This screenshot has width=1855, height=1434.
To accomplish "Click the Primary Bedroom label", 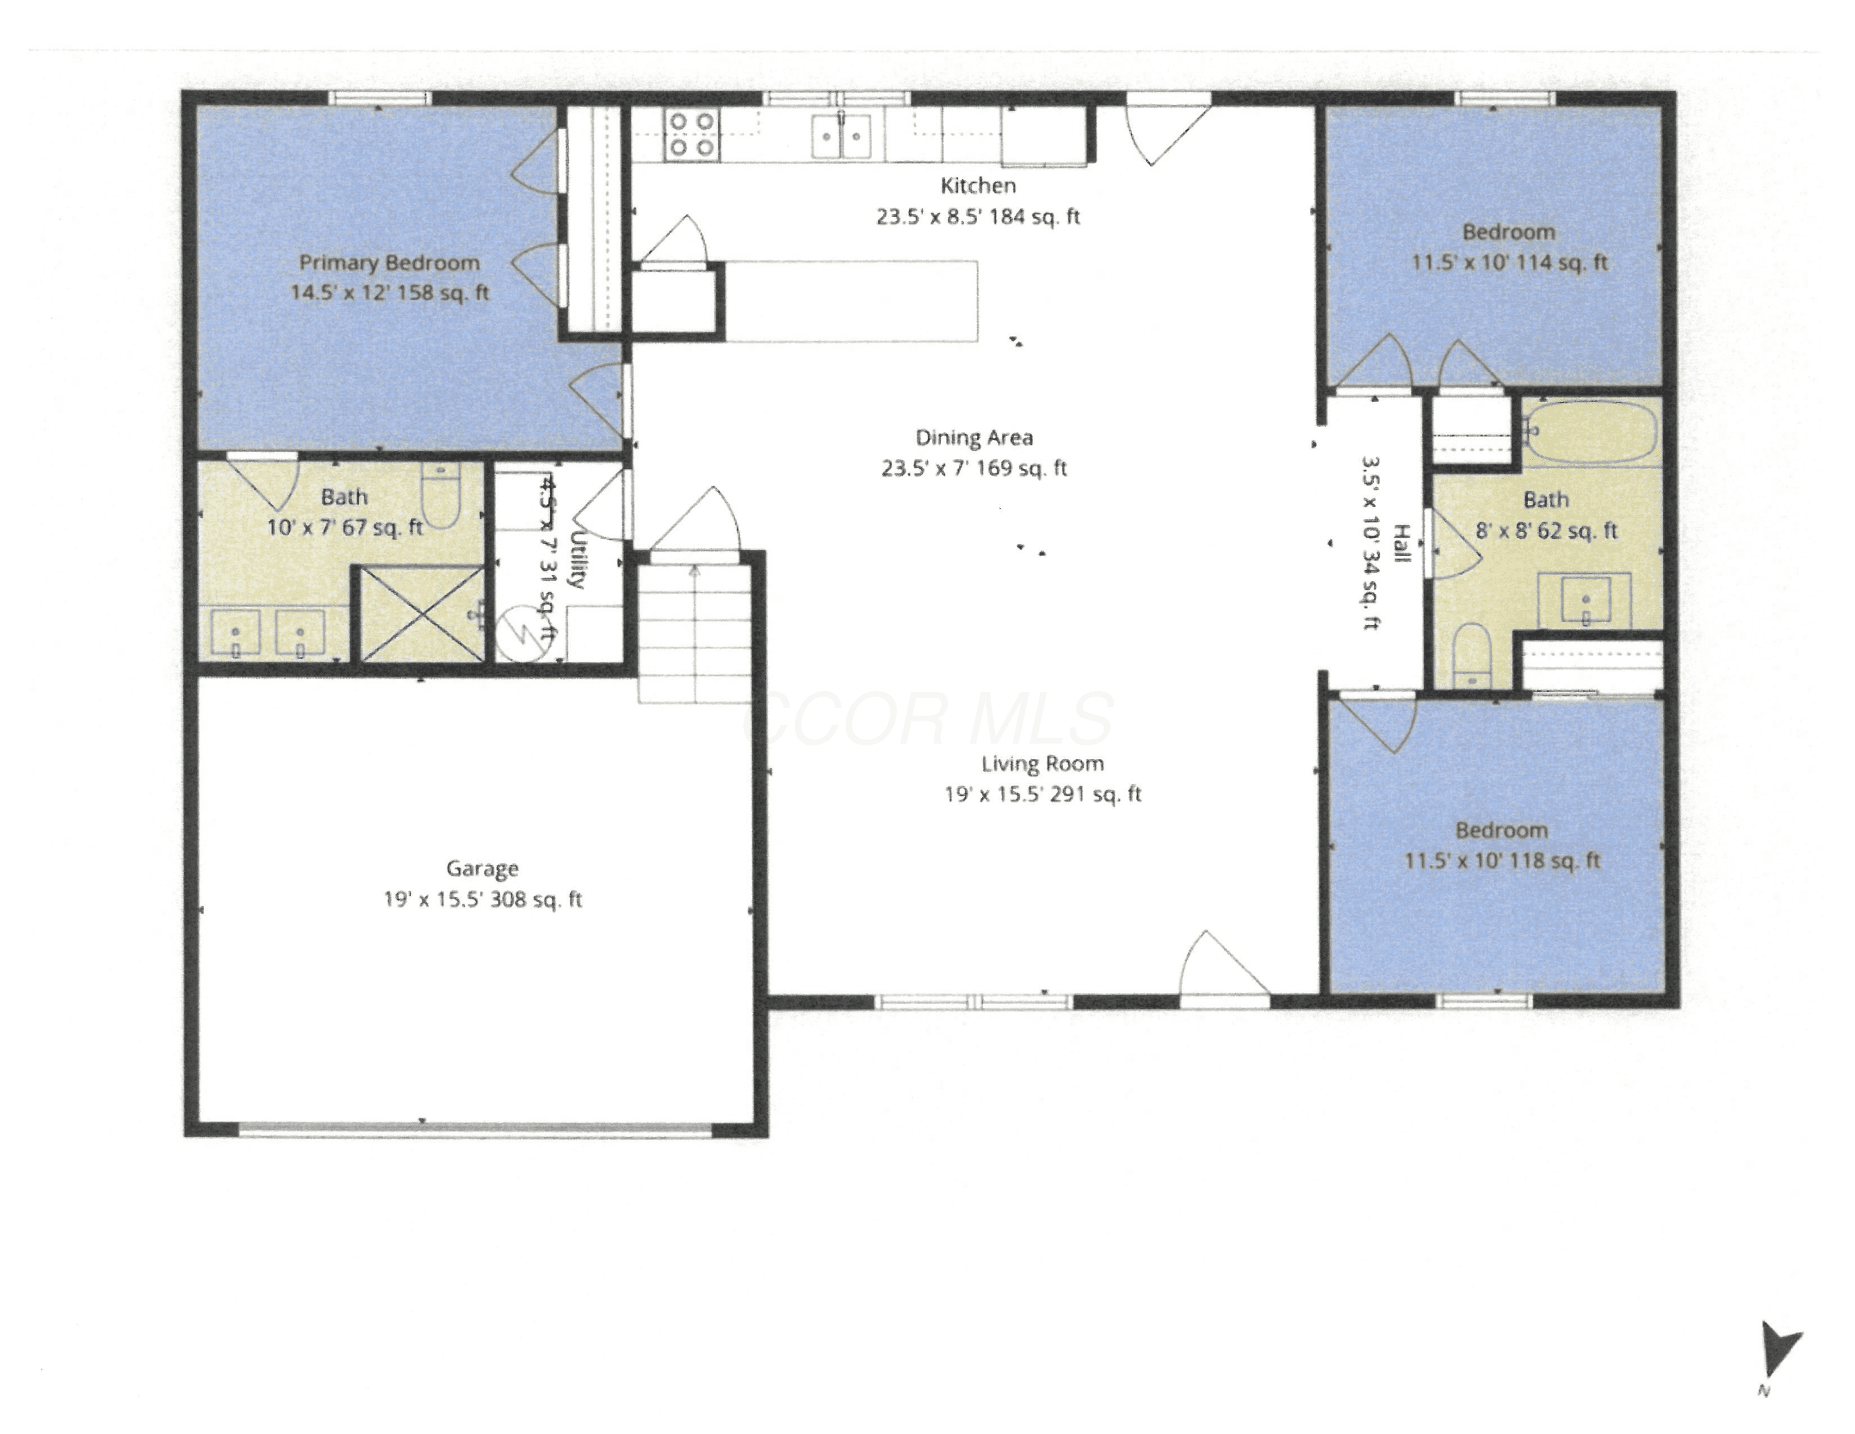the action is [x=389, y=262].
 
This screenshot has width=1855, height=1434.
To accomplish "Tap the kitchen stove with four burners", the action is [x=691, y=134].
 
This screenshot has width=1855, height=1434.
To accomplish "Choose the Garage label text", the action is [x=482, y=868].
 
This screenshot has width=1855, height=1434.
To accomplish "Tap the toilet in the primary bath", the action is [x=440, y=496].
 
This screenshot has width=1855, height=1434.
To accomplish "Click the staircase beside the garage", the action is [x=695, y=633].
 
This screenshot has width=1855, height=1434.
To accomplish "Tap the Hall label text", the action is [x=1401, y=544].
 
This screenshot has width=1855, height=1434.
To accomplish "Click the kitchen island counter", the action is [x=850, y=301].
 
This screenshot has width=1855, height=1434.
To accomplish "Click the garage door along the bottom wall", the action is [x=475, y=1130].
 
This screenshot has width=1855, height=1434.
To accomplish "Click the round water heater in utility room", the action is [x=524, y=633].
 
